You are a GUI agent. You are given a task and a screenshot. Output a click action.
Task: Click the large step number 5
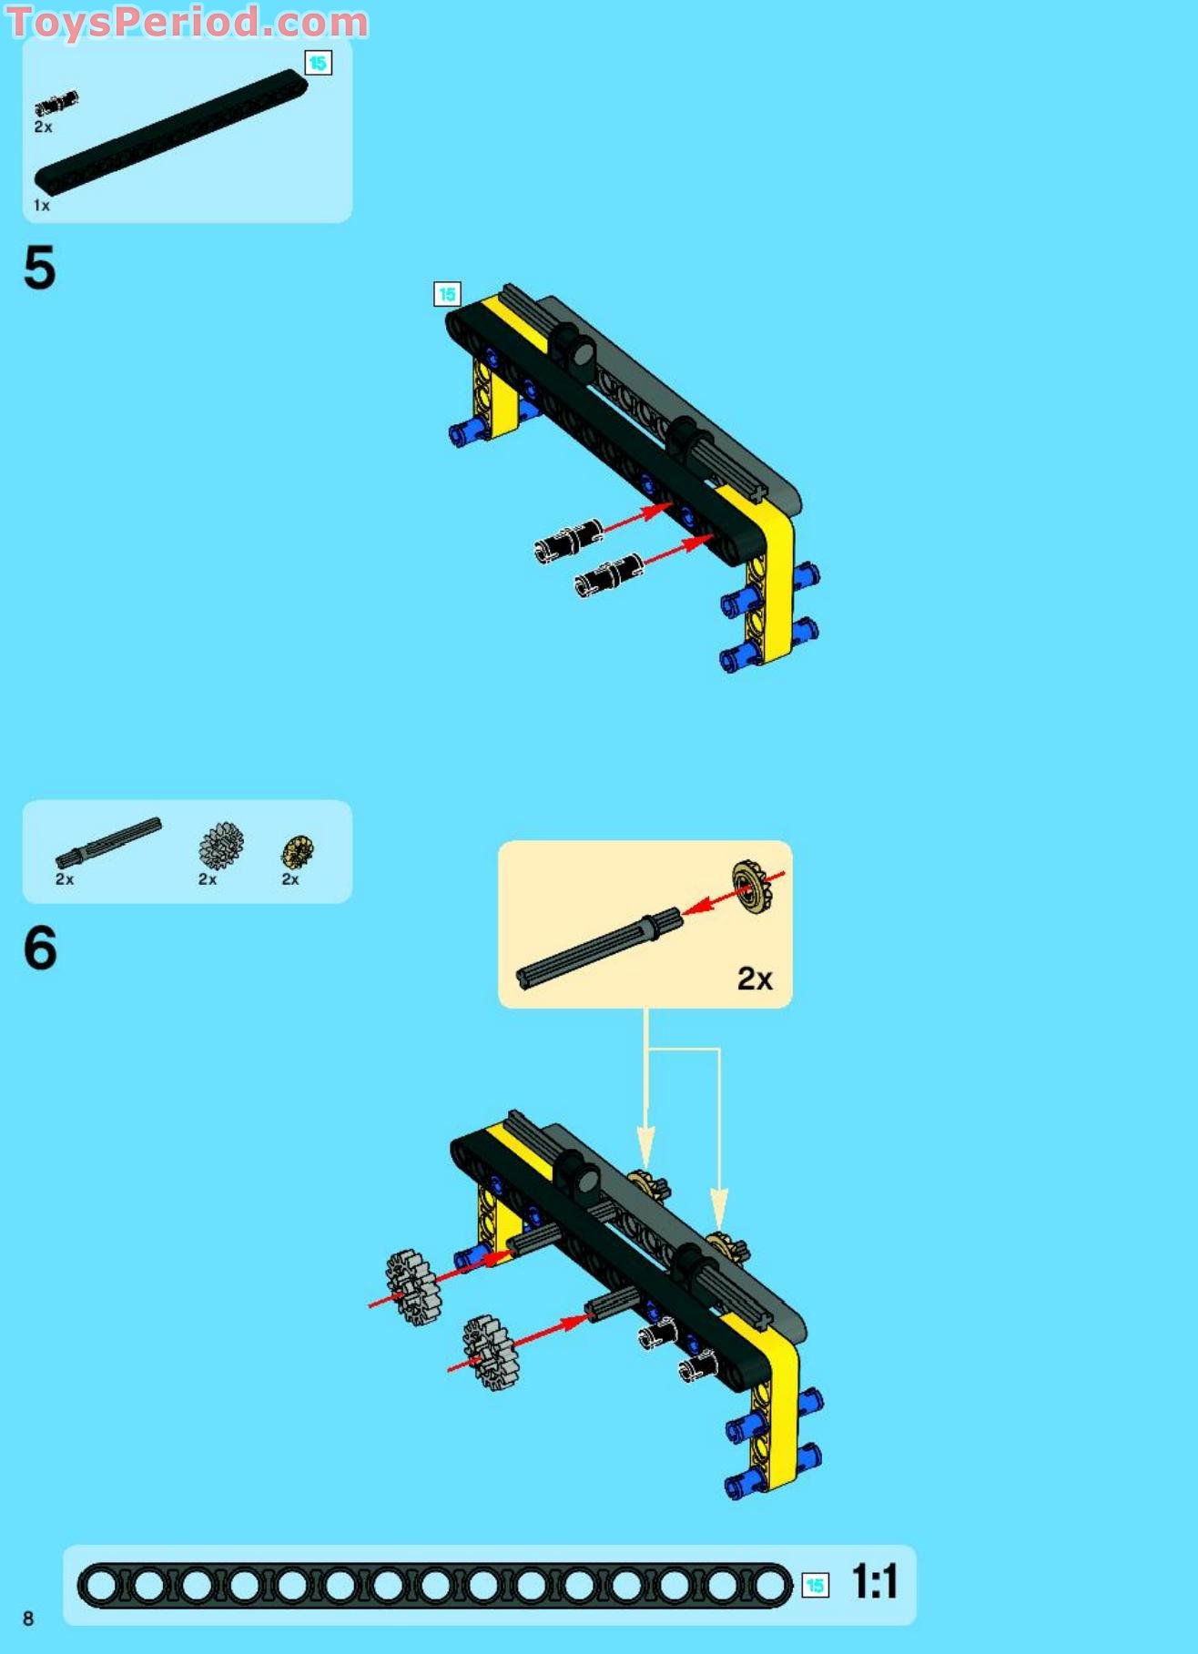[x=39, y=269]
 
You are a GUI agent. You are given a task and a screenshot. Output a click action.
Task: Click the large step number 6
[x=40, y=948]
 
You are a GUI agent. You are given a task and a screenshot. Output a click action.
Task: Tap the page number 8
[x=28, y=1618]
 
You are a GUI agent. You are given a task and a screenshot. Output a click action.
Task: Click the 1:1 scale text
[x=874, y=1581]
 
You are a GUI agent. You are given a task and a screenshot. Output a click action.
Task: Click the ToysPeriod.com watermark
[x=187, y=22]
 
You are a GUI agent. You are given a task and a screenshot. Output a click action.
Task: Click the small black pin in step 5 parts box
[x=56, y=103]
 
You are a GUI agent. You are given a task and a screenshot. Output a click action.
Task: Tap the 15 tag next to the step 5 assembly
[x=447, y=294]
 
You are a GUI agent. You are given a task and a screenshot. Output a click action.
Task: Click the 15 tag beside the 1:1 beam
[x=815, y=1585]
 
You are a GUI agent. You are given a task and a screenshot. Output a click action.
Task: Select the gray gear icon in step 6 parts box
[x=220, y=846]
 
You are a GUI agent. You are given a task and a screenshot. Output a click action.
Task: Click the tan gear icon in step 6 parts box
[x=297, y=851]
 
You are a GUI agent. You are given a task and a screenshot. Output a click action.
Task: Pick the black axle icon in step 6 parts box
[x=107, y=842]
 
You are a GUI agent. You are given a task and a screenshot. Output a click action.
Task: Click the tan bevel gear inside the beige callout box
[x=753, y=886]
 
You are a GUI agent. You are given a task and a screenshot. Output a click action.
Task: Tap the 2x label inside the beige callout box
[x=754, y=979]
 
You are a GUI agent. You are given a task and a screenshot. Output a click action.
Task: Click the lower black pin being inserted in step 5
[x=608, y=575]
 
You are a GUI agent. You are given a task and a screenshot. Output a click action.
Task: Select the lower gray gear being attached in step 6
[x=490, y=1352]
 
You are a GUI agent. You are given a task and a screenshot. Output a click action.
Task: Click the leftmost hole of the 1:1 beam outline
[x=101, y=1586]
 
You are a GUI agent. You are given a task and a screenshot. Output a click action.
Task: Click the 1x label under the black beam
[x=42, y=206]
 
